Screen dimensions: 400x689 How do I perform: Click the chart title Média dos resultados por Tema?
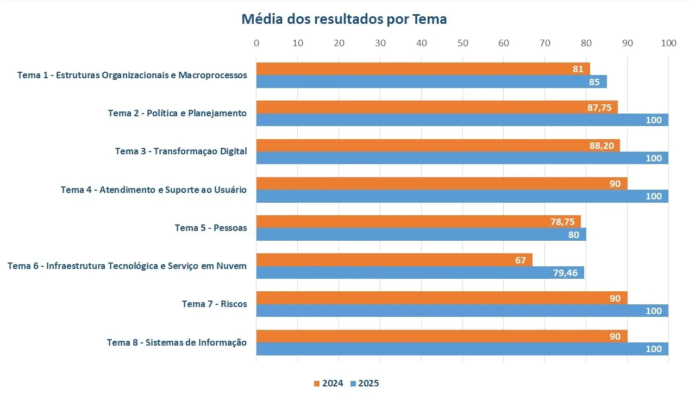(x=344, y=20)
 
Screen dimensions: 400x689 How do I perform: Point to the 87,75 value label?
(x=599, y=108)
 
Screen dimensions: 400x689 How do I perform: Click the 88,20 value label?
(x=602, y=146)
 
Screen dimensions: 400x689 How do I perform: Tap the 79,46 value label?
(x=565, y=273)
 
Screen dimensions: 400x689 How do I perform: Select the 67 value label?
(x=521, y=260)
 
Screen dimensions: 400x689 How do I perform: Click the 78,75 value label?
(x=562, y=222)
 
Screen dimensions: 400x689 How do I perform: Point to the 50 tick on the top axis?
(x=462, y=43)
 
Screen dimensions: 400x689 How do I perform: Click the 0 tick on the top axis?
(x=256, y=43)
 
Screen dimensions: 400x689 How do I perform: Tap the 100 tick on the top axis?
(x=668, y=43)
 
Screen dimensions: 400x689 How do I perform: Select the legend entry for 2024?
(x=329, y=384)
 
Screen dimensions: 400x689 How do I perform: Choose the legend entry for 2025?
(x=365, y=384)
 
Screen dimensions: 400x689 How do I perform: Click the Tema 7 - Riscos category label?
(x=214, y=304)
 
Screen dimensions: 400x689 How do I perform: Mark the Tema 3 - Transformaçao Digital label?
(x=181, y=152)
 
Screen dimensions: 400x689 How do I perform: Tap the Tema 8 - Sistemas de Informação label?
(x=177, y=342)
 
